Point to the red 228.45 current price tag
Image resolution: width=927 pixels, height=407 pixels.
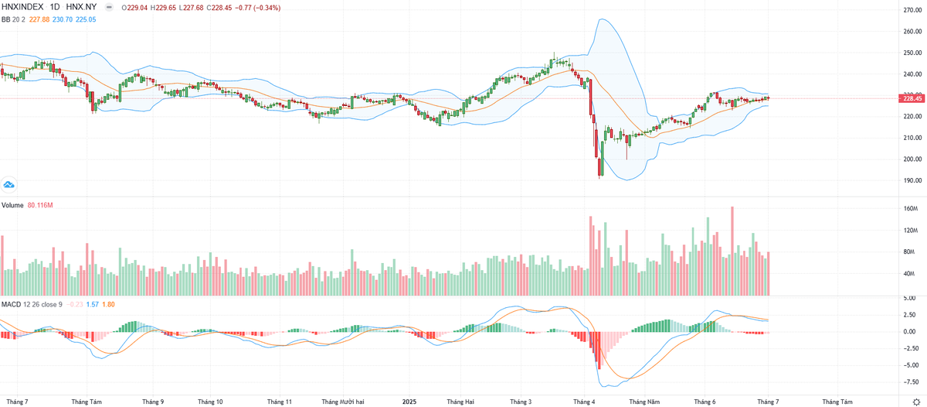point(912,98)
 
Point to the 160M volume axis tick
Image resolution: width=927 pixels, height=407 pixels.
point(910,209)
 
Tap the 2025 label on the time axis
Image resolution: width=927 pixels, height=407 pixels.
point(409,402)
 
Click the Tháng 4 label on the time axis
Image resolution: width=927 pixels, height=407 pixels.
point(583,402)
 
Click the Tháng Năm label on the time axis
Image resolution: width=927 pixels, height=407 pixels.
point(643,402)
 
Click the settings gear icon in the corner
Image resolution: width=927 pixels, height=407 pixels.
point(915,402)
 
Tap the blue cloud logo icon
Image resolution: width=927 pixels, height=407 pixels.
point(10,185)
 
